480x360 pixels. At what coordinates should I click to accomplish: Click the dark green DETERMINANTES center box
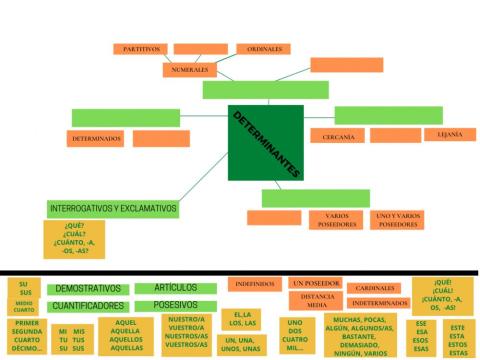point(265,142)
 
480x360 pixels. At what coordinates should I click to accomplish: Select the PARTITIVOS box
point(141,49)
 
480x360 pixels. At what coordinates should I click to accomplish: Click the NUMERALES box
point(189,71)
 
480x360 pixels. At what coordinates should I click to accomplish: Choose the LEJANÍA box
point(449,134)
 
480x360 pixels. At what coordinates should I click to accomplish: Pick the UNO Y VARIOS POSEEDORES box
point(397,219)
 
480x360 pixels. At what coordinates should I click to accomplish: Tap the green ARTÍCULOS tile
point(173,288)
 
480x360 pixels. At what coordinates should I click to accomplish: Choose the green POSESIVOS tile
point(173,305)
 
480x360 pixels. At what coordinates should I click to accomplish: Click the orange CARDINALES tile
point(375,288)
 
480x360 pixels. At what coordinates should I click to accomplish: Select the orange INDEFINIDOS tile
point(255,284)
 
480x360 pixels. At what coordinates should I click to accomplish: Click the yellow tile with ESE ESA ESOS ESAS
point(420,337)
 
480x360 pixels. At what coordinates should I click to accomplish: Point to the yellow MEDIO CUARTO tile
point(24,307)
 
